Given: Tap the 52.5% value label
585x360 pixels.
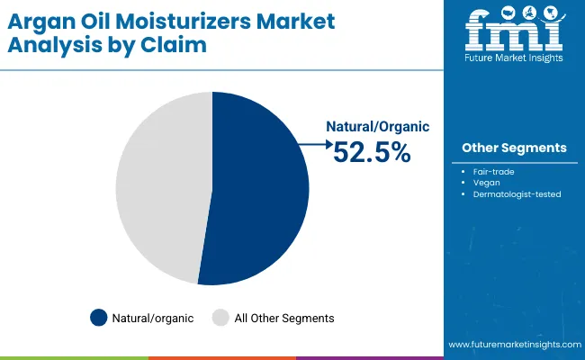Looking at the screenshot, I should (x=372, y=153).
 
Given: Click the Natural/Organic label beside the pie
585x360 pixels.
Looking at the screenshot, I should (x=378, y=127).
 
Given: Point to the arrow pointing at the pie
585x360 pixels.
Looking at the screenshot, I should (x=315, y=143).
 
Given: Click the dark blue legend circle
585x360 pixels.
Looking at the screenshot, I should (x=98, y=318).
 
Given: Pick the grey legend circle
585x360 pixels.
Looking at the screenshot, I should (x=220, y=318).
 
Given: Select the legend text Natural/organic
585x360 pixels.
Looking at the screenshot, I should (x=153, y=318).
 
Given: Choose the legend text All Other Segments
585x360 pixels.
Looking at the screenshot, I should (x=283, y=318).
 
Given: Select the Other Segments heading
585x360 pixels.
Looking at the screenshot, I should (x=514, y=148).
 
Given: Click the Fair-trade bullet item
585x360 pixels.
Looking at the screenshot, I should (x=493, y=170).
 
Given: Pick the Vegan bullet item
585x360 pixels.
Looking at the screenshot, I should (x=486, y=182).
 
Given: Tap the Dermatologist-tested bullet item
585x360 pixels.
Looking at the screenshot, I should (x=517, y=193).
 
